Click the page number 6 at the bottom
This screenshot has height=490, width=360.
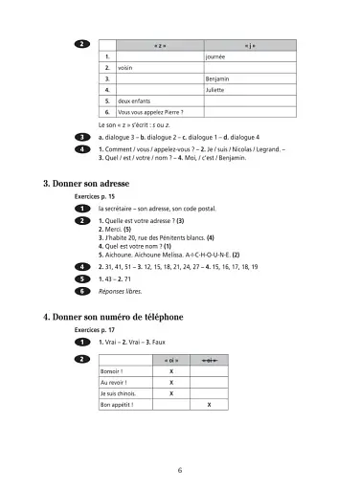tap(179, 469)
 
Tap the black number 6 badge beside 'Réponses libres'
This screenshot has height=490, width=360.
tap(83, 290)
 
